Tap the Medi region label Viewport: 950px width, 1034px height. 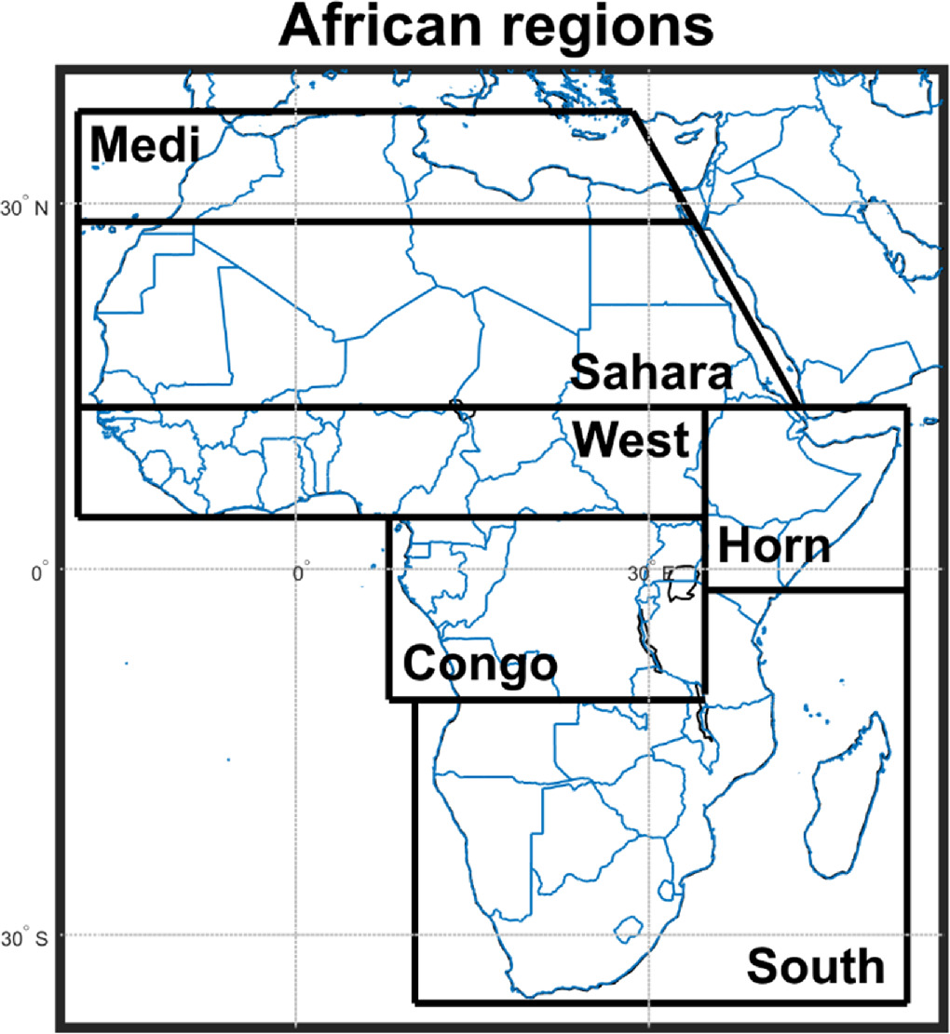(145, 146)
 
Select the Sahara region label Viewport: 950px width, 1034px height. (650, 373)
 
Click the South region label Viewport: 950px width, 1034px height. (815, 966)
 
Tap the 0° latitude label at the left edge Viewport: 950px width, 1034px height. (39, 573)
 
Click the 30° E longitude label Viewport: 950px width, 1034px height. (642, 573)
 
